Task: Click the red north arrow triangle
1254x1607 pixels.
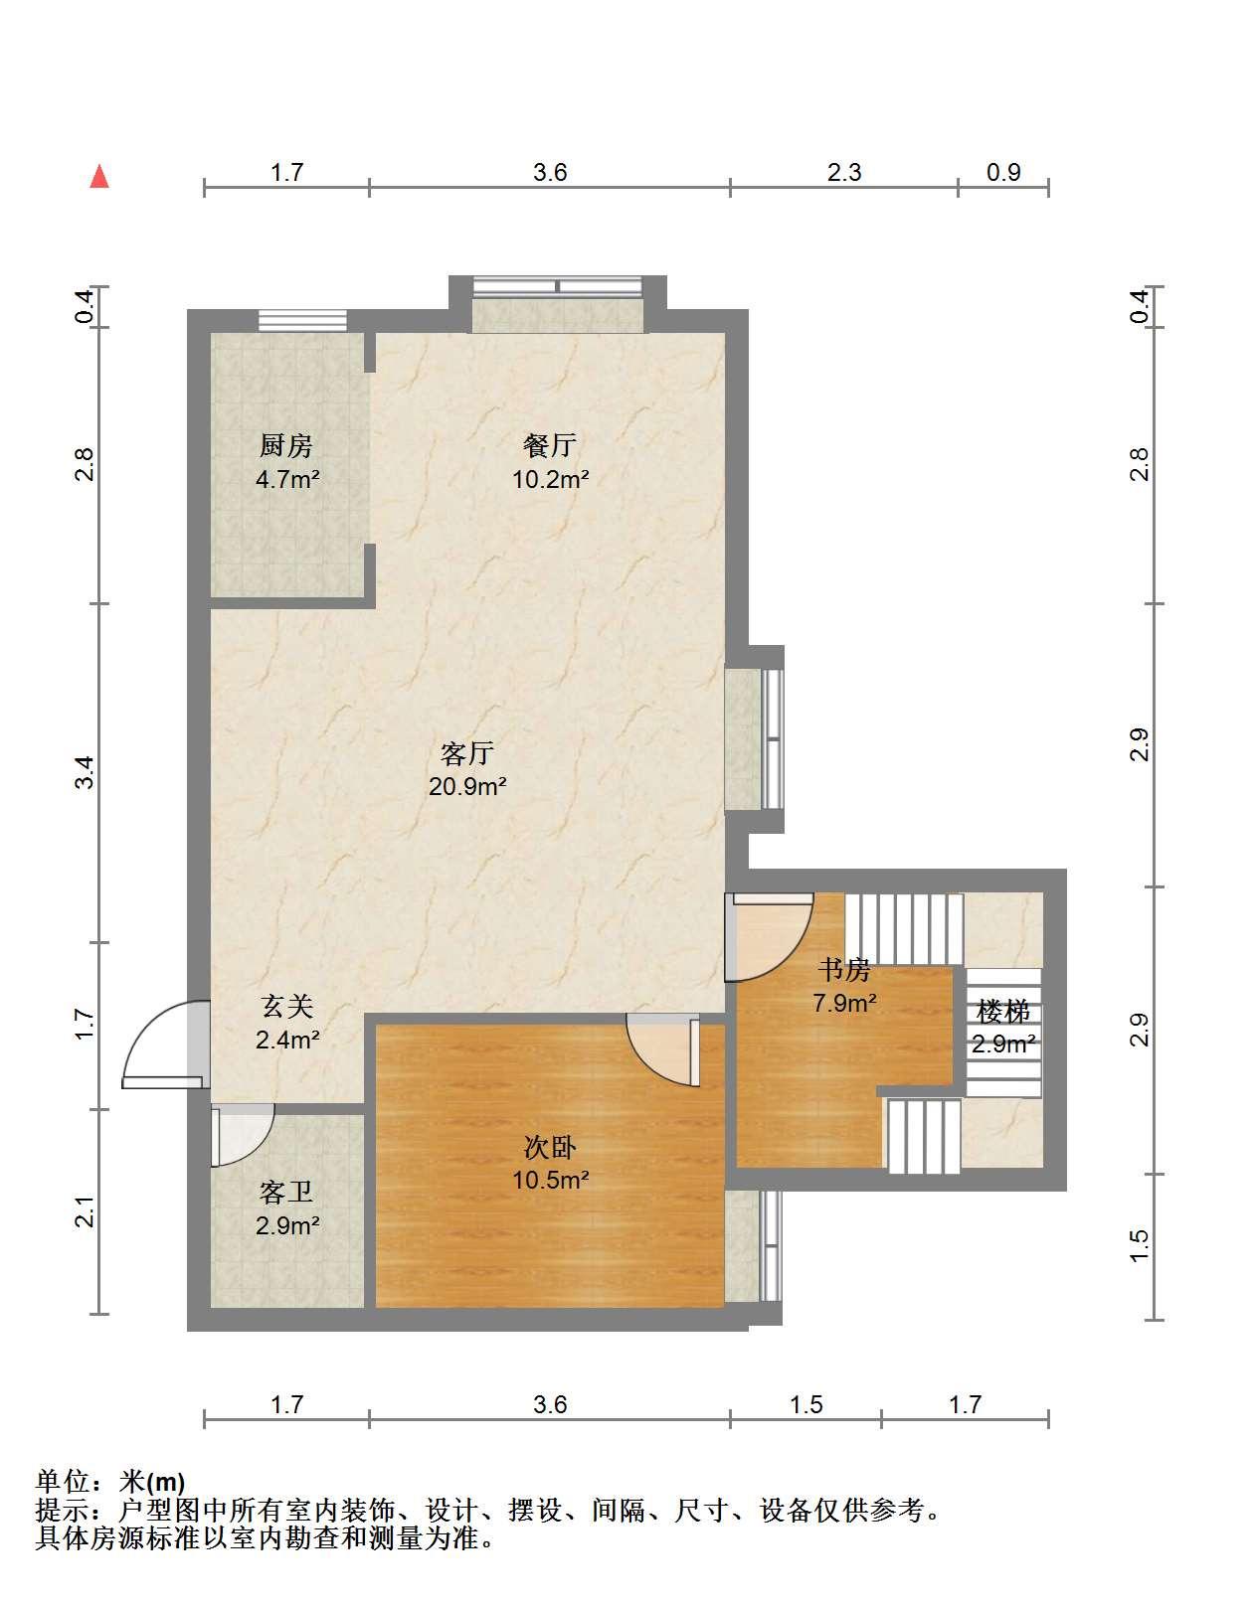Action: coord(99,177)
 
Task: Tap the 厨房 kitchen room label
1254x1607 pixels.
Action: coord(286,446)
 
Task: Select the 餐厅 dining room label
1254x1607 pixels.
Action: coord(550,445)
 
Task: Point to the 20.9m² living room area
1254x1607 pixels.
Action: coord(467,786)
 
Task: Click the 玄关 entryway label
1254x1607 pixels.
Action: coord(287,1007)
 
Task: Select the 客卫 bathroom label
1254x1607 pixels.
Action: coord(286,1193)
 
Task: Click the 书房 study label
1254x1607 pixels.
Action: coord(844,970)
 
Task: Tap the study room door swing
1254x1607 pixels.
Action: coord(770,938)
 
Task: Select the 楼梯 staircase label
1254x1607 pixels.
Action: coord(1003,1011)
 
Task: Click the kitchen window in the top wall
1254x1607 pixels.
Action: coord(302,320)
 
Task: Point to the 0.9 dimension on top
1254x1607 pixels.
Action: coord(1003,172)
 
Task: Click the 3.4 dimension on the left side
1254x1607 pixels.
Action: coord(86,772)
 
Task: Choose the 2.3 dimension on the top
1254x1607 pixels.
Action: coord(844,172)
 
